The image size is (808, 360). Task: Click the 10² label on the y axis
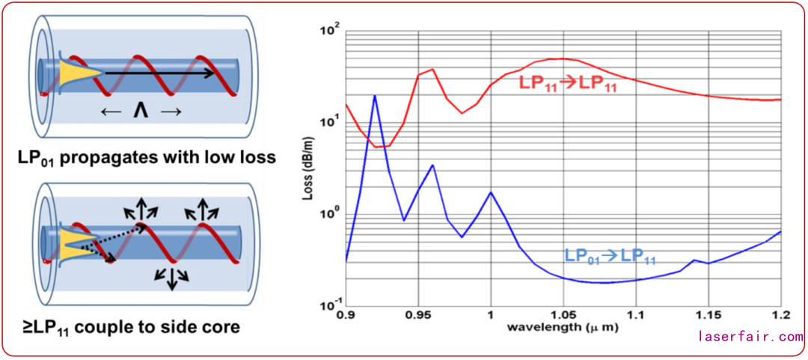coord(330,31)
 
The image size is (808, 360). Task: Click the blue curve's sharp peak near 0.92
coord(375,96)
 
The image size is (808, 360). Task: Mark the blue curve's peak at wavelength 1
coord(491,192)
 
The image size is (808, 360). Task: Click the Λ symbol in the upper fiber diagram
coord(138,111)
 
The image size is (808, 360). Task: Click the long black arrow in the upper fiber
coord(160,73)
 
